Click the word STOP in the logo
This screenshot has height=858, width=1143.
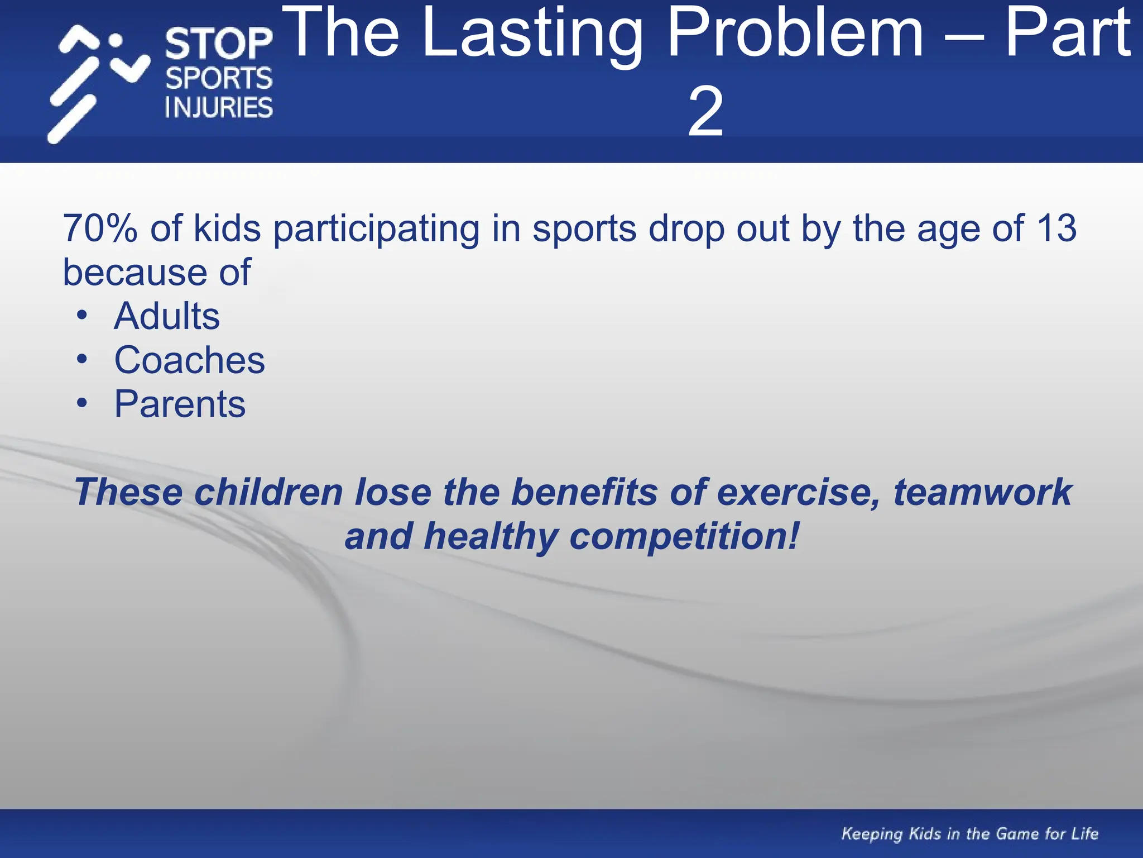point(219,44)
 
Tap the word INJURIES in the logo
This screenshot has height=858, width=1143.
point(219,107)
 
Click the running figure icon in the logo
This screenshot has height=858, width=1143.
point(98,84)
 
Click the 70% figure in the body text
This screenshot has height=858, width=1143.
point(100,228)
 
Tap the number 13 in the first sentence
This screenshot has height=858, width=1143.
point(1056,228)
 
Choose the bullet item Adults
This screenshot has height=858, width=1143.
point(167,316)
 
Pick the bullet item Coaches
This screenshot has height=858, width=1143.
point(189,360)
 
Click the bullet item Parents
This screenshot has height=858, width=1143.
point(180,404)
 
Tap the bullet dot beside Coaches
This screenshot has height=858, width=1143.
point(82,359)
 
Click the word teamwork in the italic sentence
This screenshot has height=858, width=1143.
point(982,492)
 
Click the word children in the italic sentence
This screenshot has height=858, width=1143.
point(268,492)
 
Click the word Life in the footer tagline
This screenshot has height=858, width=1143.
point(1084,833)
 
